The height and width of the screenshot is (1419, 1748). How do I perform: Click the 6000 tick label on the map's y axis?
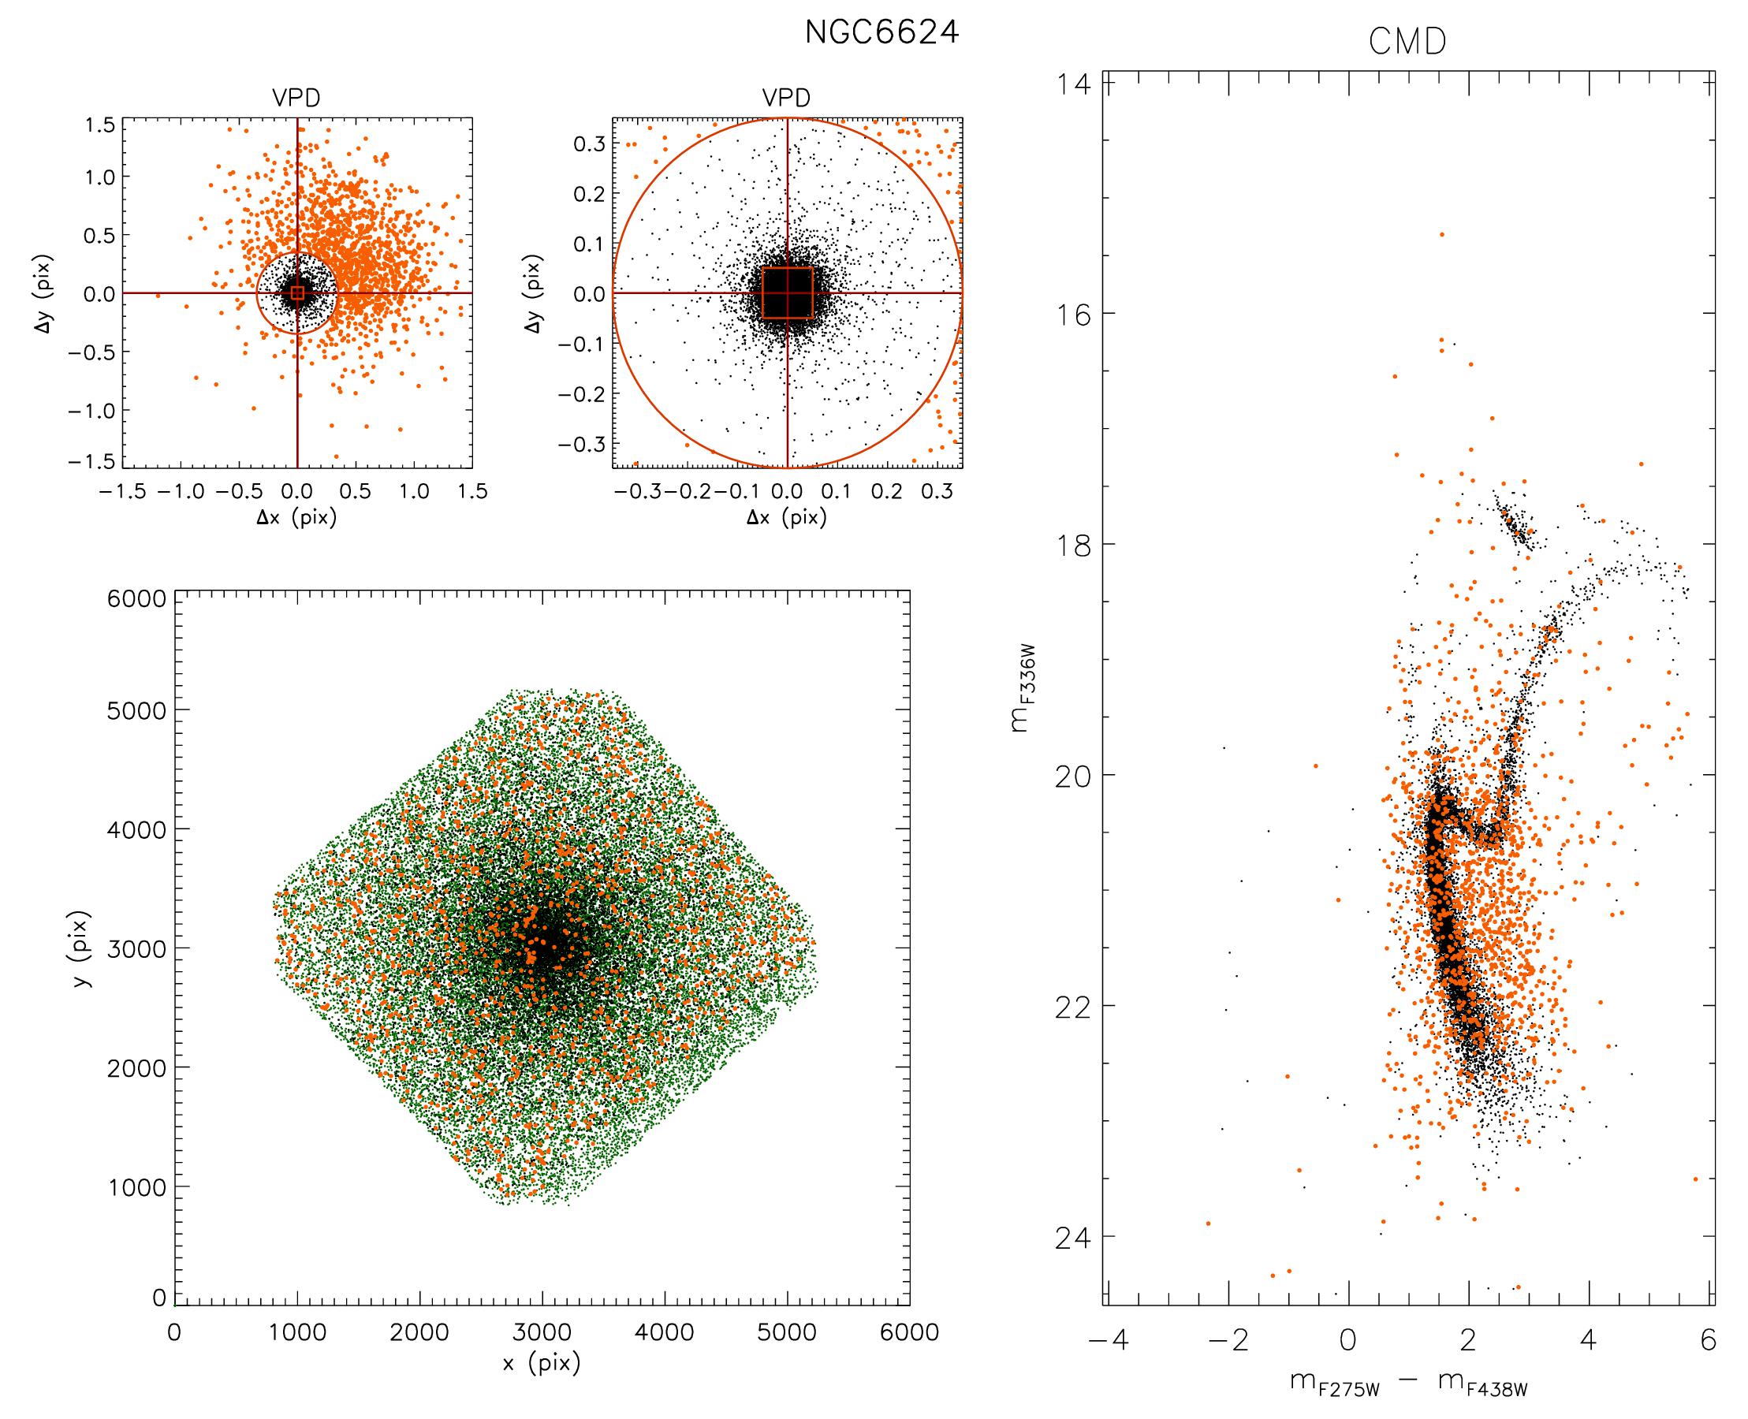pyautogui.click(x=136, y=599)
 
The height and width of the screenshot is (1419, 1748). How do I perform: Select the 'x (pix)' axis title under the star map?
pyautogui.click(x=542, y=1363)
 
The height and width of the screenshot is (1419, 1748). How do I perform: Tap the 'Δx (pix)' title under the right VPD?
pyautogui.click(x=787, y=518)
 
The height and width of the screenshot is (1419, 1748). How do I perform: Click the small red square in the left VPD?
pyautogui.click(x=296, y=292)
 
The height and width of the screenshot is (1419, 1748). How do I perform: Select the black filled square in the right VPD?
pyautogui.click(x=787, y=292)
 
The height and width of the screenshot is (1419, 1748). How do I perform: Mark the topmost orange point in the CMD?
pyautogui.click(x=1441, y=235)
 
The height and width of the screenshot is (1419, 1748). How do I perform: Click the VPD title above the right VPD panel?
pyautogui.click(x=787, y=99)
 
